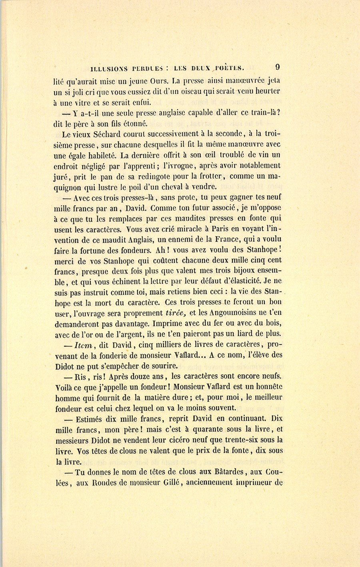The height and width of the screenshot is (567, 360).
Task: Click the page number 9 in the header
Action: click(277, 67)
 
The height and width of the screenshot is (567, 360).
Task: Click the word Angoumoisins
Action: click(234, 313)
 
